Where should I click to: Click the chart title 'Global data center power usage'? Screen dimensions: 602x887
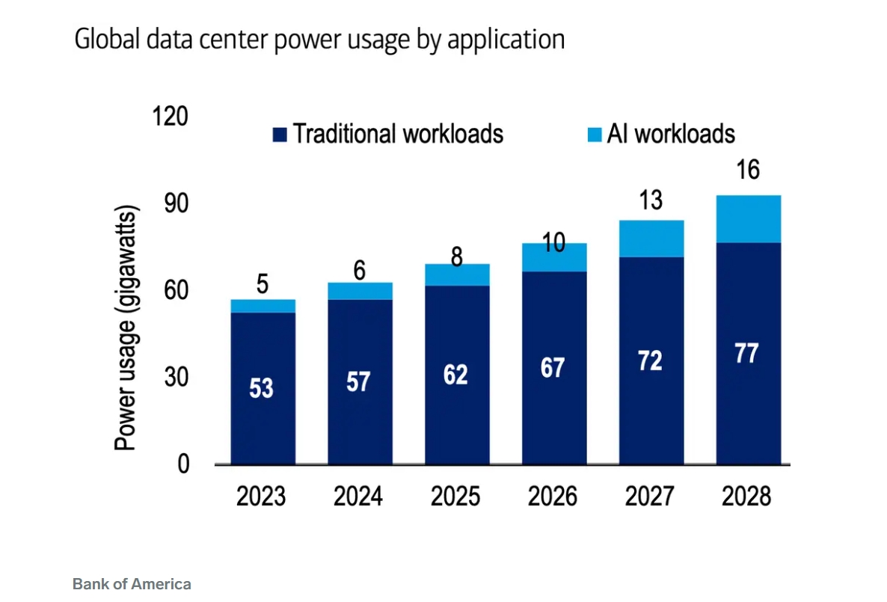tap(319, 40)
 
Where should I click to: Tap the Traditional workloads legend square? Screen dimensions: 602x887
tap(279, 135)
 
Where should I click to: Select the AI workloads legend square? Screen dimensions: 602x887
tap(594, 135)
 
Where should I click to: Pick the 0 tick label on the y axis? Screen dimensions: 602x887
tap(182, 464)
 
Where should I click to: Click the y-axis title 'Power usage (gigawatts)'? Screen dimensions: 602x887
tap(127, 330)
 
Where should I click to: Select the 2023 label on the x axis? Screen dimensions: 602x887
tap(261, 497)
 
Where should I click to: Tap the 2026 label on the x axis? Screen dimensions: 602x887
tap(553, 497)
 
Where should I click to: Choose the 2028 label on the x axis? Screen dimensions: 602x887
tap(746, 497)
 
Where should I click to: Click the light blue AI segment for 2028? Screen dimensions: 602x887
tap(749, 219)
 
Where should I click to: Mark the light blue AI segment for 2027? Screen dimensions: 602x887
tap(651, 239)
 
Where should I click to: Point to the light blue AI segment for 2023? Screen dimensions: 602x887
tap(263, 306)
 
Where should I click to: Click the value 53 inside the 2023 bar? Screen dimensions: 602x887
tap(261, 389)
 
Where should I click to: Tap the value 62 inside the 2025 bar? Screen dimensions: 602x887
tap(455, 374)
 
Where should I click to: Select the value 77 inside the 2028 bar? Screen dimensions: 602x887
tap(746, 354)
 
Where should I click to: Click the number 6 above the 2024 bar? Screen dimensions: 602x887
tap(360, 271)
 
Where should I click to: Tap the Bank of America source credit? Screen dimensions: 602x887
tap(132, 584)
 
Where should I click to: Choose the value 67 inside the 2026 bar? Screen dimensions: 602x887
tap(552, 368)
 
